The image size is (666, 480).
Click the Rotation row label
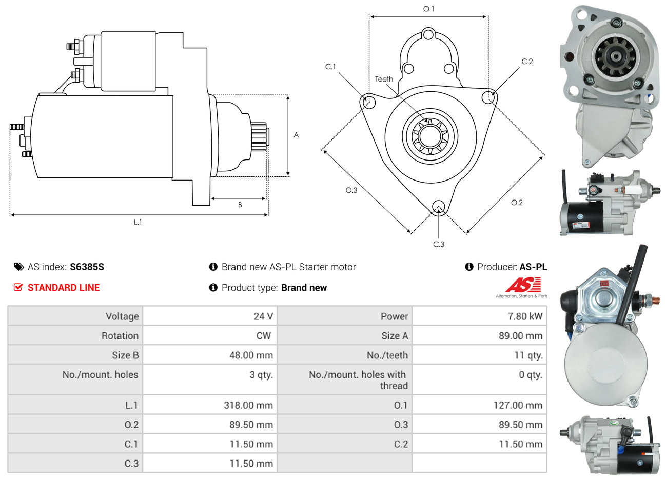point(120,335)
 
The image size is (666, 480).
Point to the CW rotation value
point(264,335)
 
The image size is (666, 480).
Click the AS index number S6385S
point(87,267)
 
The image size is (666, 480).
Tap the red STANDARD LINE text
point(64,287)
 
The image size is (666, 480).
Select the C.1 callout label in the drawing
point(330,67)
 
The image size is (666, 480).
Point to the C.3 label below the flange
point(439,244)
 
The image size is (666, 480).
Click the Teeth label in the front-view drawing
point(384,79)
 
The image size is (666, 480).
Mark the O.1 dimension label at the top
point(428,9)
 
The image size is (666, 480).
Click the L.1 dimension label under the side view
point(138,222)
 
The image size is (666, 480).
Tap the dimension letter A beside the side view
point(296,135)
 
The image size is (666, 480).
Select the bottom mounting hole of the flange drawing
point(438,206)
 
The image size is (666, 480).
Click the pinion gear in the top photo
point(615,56)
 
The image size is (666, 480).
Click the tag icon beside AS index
point(19,267)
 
